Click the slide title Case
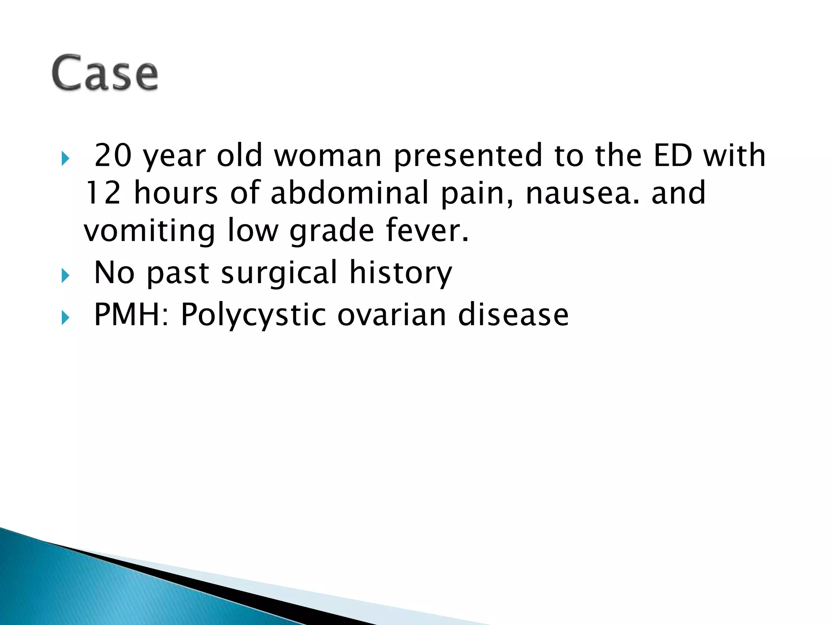[x=105, y=73]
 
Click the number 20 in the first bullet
[x=113, y=155]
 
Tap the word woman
[x=328, y=155]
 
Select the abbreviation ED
[x=673, y=155]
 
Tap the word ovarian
[x=392, y=315]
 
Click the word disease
[x=513, y=315]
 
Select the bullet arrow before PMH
[x=65, y=318]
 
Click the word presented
[x=468, y=156]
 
